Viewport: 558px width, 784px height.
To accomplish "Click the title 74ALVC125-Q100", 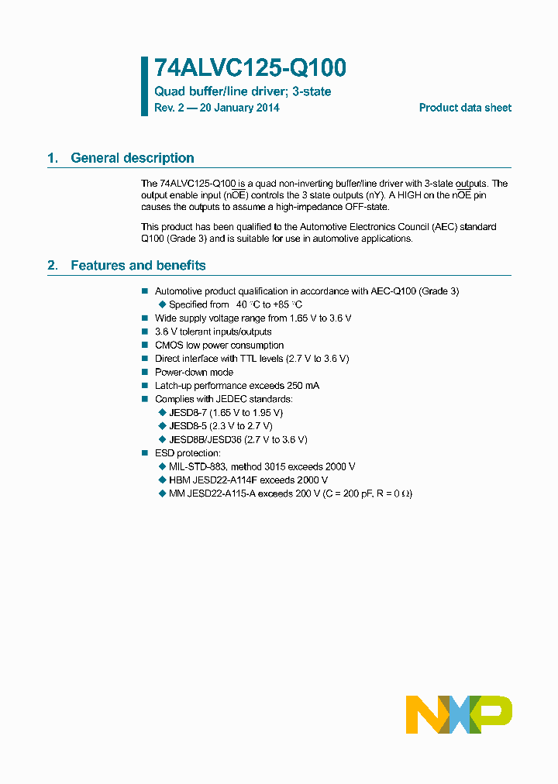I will pos(250,69).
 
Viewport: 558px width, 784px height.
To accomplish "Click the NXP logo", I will pos(459,714).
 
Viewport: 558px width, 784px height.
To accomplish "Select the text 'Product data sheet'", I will pos(465,108).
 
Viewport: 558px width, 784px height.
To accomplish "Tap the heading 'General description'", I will pos(132,158).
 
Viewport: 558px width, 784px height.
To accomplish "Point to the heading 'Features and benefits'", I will pos(138,266).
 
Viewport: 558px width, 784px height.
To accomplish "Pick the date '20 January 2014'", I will pos(239,108).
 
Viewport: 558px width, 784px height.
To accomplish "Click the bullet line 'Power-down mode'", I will pos(194,372).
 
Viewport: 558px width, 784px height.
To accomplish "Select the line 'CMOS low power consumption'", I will pos(219,346).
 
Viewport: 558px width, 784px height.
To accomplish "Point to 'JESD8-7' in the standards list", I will pos(187,412).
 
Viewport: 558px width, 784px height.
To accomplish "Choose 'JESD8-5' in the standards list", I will pos(187,425).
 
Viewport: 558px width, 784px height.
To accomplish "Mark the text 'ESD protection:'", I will pos(188,452).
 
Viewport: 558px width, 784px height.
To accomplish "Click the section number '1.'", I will pos(53,158).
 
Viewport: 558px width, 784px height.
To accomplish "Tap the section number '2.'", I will pos(53,266).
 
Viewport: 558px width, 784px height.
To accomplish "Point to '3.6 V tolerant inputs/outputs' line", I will pos(213,332).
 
